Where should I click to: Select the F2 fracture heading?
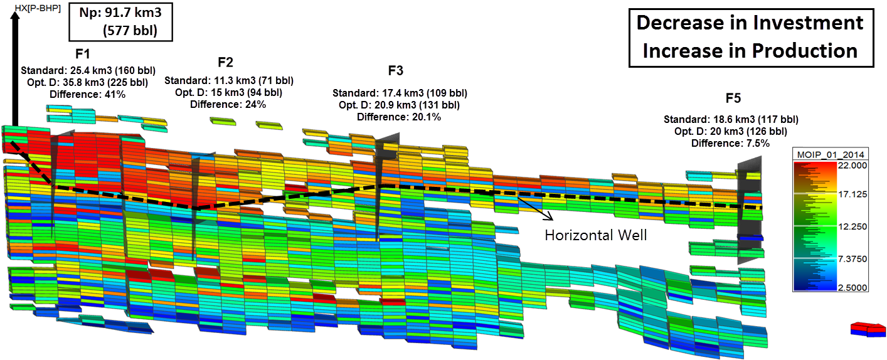click(226, 63)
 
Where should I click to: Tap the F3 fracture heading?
click(396, 70)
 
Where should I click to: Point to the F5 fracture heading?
click(733, 98)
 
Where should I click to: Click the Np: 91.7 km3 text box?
click(121, 21)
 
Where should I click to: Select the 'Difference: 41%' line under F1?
click(88, 94)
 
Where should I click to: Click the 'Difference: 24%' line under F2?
click(228, 104)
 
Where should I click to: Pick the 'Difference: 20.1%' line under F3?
click(399, 116)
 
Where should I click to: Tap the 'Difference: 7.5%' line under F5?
click(730, 143)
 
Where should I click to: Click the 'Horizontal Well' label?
click(595, 235)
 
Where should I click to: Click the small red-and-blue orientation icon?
click(867, 329)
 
